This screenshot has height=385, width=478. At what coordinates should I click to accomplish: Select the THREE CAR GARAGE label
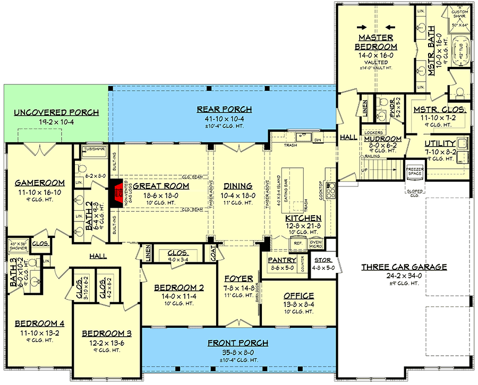[404, 267]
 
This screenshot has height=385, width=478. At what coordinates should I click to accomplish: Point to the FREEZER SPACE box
[414, 170]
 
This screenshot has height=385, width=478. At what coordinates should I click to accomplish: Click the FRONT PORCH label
[238, 343]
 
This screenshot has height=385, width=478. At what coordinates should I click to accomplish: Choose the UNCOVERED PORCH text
[56, 113]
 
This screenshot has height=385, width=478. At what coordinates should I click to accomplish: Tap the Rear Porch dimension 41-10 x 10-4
[224, 118]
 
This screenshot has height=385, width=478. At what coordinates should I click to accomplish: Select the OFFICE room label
[298, 295]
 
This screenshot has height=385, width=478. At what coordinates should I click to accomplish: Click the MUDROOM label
[382, 139]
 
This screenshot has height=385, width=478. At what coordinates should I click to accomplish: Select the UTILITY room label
[440, 143]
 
